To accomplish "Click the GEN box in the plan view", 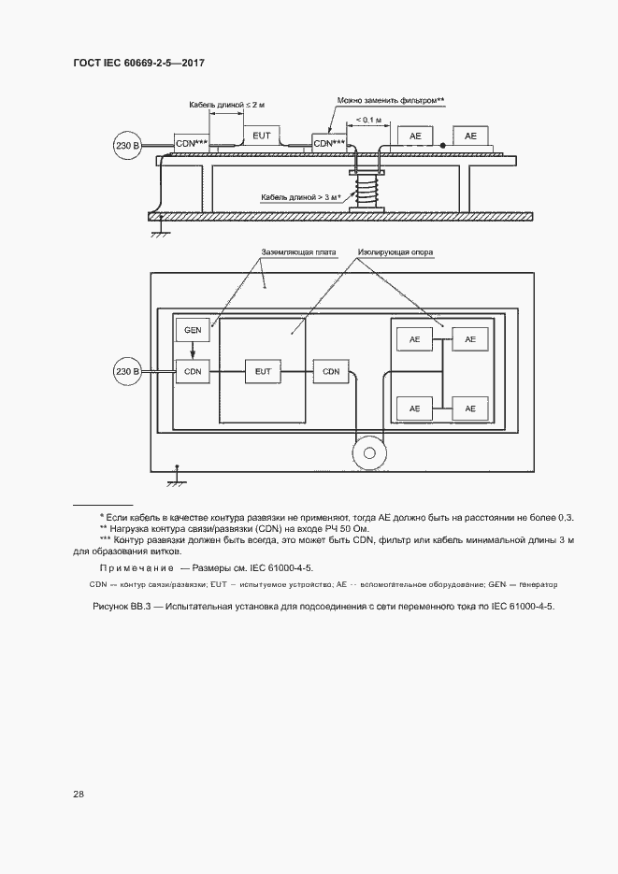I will (193, 331).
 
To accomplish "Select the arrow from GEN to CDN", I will (193, 351).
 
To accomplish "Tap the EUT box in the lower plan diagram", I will (262, 371).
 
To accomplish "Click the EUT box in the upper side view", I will (262, 136).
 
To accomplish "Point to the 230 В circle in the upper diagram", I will (126, 147).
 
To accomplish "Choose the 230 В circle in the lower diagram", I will (126, 371).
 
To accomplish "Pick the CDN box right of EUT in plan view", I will (331, 371).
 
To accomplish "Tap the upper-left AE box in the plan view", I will (413, 338).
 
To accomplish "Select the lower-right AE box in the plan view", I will (469, 408).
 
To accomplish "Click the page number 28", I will (79, 794).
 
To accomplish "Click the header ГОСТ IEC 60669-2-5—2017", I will (138, 63).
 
